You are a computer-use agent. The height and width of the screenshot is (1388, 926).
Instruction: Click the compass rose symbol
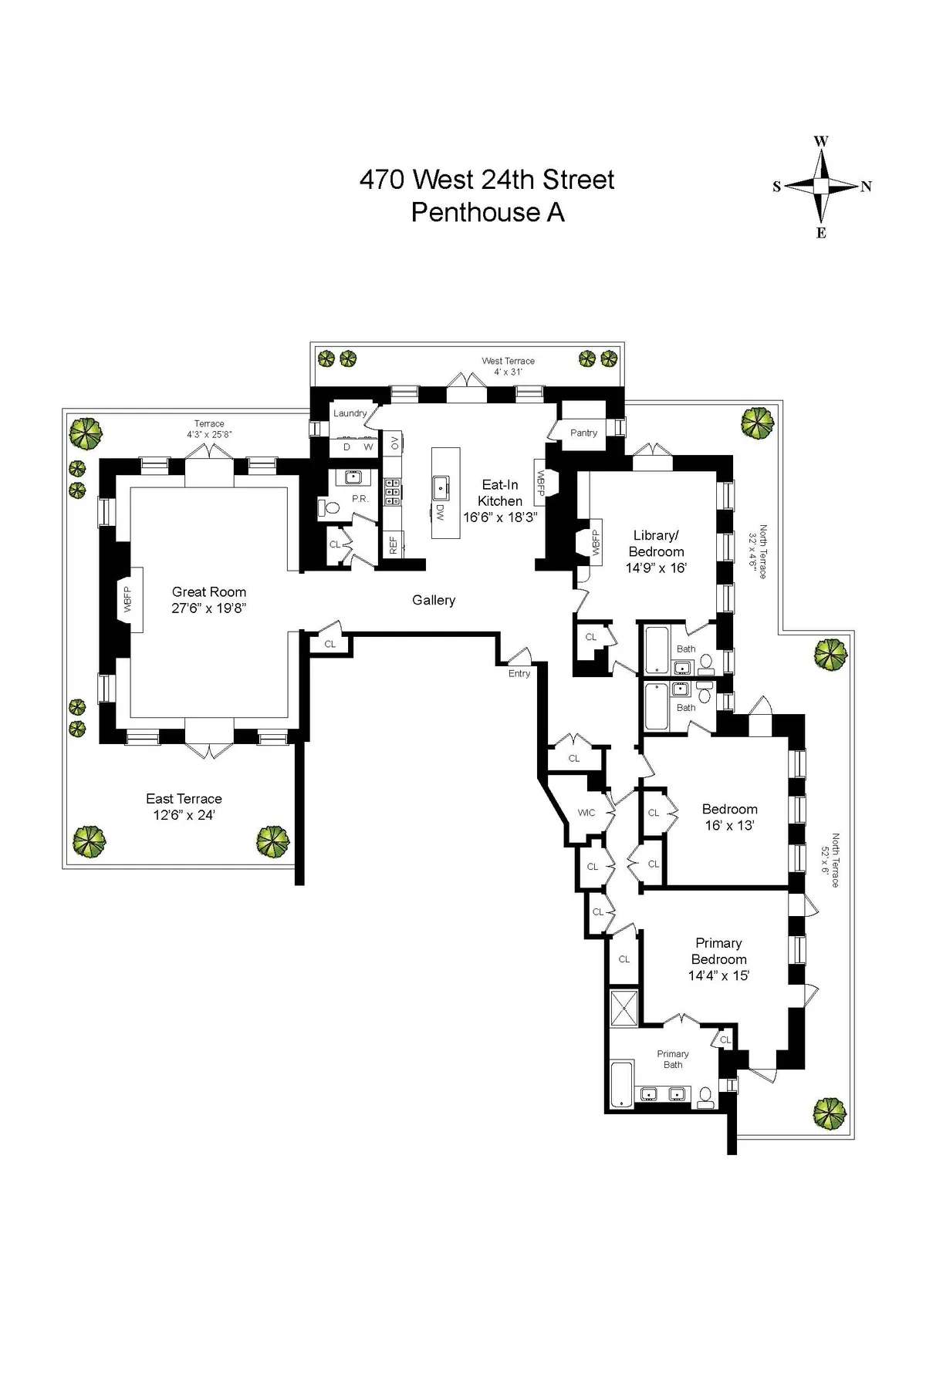coord(821,186)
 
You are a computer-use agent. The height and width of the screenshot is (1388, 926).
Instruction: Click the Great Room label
coord(208,591)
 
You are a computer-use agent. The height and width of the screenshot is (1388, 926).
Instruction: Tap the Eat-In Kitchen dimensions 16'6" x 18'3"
coord(500,517)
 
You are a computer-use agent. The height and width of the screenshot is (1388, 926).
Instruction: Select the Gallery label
coord(434,600)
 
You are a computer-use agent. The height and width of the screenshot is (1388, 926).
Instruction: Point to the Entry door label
coord(519,673)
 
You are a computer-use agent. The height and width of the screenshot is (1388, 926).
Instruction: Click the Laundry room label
coord(350,413)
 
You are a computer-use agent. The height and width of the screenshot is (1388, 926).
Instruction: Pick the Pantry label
coord(583,433)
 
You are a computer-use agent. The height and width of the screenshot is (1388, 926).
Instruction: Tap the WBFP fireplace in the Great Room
coord(128,599)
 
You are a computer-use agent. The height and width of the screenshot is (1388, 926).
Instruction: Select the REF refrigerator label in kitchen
coord(393,545)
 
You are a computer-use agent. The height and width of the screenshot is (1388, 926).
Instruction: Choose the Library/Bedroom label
coord(657,543)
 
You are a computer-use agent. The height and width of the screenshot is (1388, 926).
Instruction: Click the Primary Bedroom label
coord(718,951)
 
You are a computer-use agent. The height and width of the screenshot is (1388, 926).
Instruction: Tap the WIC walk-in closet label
coord(586,813)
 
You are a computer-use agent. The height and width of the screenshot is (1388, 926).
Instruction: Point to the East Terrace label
coord(184,799)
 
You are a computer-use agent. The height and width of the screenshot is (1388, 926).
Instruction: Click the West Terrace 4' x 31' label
coord(508,366)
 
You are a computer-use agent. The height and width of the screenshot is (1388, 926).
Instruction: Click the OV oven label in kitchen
coord(394,443)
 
